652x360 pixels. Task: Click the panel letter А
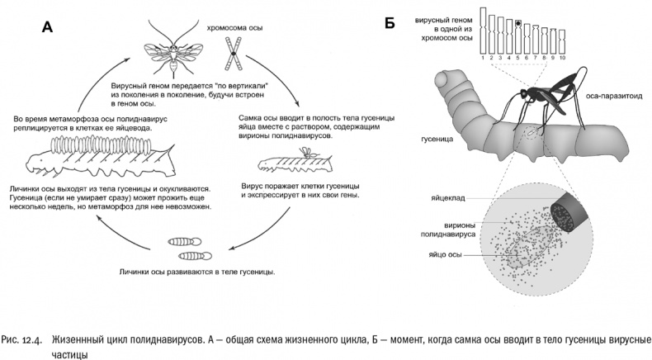[x=47, y=27]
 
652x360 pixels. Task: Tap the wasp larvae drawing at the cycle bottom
[x=190, y=246]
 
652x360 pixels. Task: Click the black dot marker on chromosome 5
[x=517, y=25]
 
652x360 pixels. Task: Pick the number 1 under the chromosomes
[x=483, y=59]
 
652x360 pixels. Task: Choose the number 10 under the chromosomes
[x=561, y=59]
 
